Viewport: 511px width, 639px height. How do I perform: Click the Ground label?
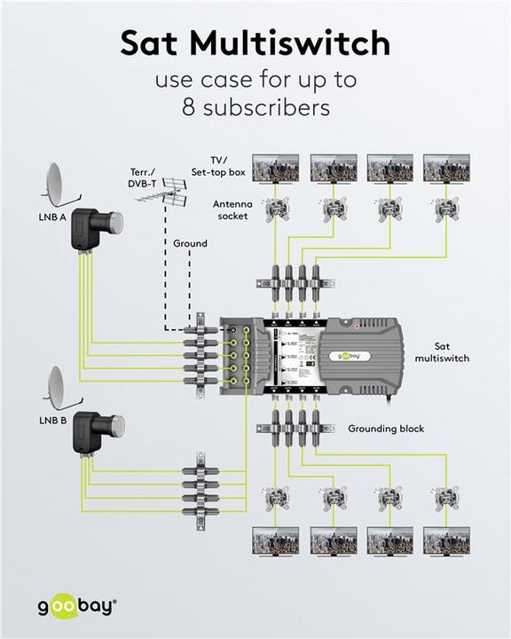[x=190, y=243]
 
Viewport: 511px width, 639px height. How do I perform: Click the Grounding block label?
[x=386, y=429]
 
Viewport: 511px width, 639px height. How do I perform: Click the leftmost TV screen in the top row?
[x=275, y=169]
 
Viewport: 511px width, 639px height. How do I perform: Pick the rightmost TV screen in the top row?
[x=446, y=169]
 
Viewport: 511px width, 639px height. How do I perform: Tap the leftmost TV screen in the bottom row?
[x=275, y=540]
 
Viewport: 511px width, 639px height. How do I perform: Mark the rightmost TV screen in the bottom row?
[x=446, y=540]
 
